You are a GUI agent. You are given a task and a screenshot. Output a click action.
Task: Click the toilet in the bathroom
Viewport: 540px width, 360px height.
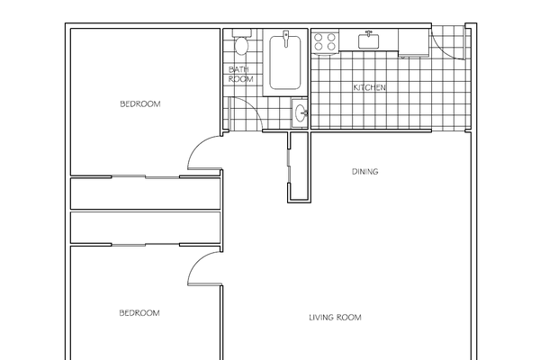point(240,44)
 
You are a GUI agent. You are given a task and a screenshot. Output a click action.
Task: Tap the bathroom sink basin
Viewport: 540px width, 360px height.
point(300,112)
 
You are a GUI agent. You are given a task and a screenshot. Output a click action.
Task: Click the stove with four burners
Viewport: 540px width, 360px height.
point(324,40)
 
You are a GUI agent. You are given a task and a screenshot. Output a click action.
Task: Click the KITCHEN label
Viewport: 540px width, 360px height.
point(369,87)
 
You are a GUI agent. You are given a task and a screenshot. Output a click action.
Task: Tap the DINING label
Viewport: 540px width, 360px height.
point(364,172)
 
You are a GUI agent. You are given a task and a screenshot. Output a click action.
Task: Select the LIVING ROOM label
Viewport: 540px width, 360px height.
point(335,317)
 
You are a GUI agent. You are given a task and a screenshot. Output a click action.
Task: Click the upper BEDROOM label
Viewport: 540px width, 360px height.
point(139,104)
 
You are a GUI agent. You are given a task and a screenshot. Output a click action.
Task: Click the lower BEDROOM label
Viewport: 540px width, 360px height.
point(139,313)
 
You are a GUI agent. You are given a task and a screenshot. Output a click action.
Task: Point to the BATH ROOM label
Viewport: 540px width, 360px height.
point(240,74)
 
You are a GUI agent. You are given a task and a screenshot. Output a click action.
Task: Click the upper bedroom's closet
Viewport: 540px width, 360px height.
point(145,193)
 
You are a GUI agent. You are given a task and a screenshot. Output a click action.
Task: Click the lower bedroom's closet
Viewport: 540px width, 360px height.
point(145,227)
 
